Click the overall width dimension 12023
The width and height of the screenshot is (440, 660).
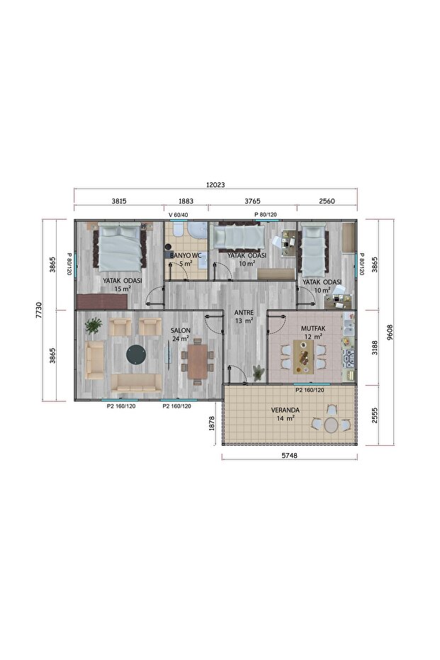[215, 185]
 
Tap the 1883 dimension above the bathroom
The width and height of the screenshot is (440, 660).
[186, 201]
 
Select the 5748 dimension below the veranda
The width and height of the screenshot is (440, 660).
[289, 455]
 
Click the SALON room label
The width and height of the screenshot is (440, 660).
[181, 330]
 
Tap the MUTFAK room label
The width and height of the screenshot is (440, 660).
[313, 328]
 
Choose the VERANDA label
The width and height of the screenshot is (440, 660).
[286, 410]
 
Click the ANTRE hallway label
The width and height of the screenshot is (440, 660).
[244, 313]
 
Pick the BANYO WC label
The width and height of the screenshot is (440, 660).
[186, 255]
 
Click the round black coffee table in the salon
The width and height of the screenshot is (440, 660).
[136, 354]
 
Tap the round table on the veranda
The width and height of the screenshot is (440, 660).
[331, 425]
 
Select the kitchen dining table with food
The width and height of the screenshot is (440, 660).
[304, 357]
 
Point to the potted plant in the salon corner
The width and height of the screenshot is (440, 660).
[94, 327]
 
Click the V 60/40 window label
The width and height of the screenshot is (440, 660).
[179, 215]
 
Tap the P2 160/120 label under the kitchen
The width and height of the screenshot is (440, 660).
[310, 390]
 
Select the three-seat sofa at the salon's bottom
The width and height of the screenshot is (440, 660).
[136, 383]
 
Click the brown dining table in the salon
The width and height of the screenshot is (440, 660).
[198, 361]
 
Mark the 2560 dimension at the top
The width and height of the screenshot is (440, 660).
[327, 201]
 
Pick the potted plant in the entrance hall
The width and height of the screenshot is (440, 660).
[258, 372]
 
